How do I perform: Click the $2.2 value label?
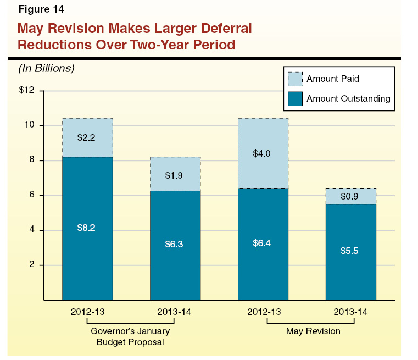(87, 138)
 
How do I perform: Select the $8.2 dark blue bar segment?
(87, 242)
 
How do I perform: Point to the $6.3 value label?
(175, 244)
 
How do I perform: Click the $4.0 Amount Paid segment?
(263, 165)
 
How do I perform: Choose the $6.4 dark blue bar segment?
(263, 258)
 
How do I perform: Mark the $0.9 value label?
(350, 196)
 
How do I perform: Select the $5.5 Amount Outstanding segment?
(350, 264)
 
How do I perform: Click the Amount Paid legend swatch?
(295, 79)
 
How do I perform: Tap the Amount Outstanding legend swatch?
(295, 99)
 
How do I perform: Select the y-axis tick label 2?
(32, 265)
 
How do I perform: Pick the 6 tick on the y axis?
(32, 196)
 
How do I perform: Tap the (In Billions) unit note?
(46, 69)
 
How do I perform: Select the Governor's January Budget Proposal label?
(130, 336)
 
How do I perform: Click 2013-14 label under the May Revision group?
(350, 312)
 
